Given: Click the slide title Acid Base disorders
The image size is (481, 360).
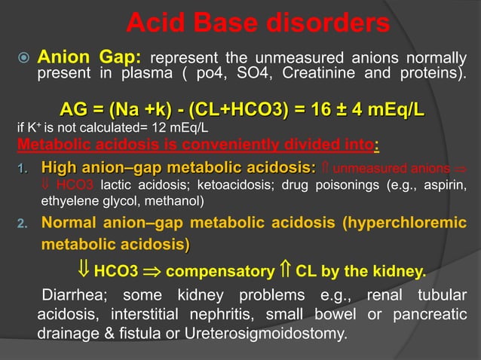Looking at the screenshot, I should click(257, 23).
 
